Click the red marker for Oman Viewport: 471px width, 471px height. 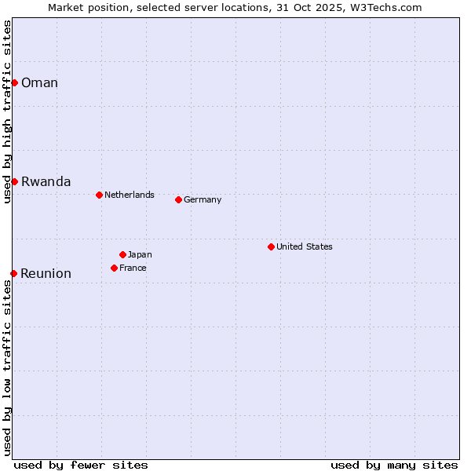click(x=14, y=82)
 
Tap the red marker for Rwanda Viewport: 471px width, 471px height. click(x=14, y=181)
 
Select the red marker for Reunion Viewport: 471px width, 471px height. click(x=14, y=273)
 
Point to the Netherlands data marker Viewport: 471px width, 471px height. click(x=99, y=195)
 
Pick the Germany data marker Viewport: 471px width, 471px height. click(x=178, y=199)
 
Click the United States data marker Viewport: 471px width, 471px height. click(x=271, y=246)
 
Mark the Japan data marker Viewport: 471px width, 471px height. click(x=122, y=254)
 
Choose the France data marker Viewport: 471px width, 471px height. click(x=114, y=268)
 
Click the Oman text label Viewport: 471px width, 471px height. click(x=39, y=83)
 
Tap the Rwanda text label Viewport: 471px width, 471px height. click(x=46, y=182)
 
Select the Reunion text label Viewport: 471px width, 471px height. click(x=46, y=274)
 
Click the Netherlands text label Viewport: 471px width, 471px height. click(x=130, y=195)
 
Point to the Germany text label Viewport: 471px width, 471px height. click(x=203, y=199)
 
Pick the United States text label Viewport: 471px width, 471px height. click(x=305, y=246)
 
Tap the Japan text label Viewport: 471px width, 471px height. click(x=140, y=254)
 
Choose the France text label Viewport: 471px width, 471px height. click(x=133, y=268)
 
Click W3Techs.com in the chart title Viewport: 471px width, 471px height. click(x=385, y=7)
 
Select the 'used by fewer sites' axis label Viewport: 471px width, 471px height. click(x=81, y=465)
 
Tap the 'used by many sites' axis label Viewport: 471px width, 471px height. click(x=394, y=465)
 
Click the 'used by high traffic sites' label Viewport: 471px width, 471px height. click(x=7, y=111)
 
